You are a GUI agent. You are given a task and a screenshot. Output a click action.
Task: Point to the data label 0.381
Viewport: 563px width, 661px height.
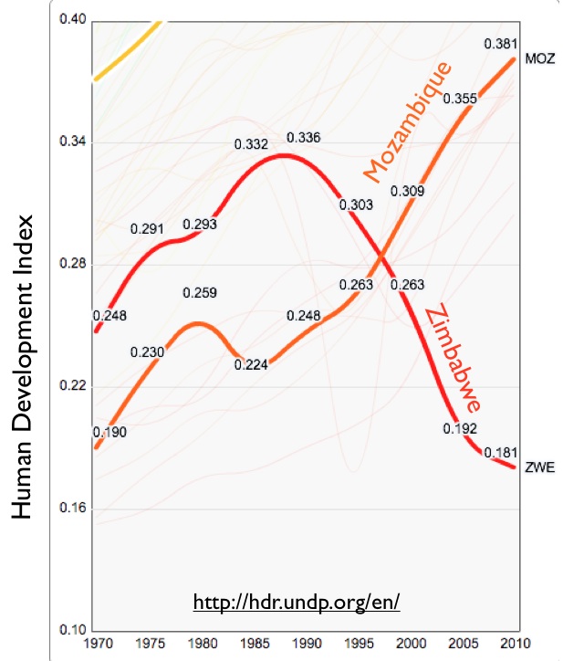[500, 44]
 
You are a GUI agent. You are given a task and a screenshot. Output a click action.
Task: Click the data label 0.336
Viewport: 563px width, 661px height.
[303, 138]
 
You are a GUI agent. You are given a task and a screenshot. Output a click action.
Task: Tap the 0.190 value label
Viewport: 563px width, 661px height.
[109, 431]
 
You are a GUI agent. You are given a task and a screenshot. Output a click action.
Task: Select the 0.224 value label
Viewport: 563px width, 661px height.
[251, 364]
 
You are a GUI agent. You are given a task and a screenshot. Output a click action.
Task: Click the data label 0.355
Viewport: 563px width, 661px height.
[461, 99]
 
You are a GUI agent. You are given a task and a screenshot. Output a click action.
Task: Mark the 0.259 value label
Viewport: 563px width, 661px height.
[199, 293]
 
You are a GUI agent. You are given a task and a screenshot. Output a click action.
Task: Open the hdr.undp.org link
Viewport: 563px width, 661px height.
[297, 603]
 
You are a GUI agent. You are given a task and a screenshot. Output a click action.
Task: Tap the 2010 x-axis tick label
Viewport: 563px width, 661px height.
[516, 645]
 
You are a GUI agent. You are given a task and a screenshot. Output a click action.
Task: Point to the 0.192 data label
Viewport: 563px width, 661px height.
[462, 428]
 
